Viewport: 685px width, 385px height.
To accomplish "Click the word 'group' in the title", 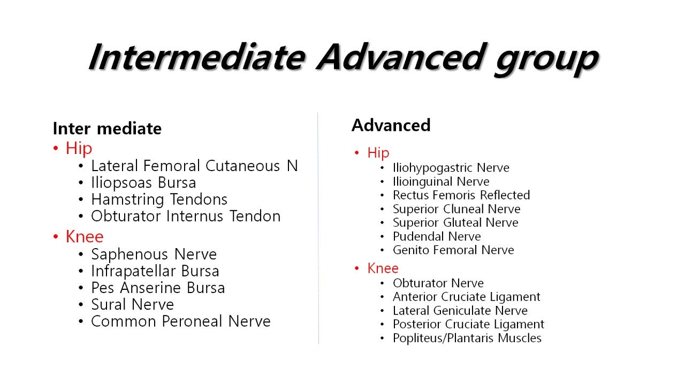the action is pos(546,59).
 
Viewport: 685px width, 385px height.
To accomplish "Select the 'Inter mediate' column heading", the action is pos(107,128).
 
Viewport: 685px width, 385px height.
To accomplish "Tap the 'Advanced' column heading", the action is pos(391,125).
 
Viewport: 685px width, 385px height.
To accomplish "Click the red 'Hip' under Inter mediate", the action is pos(79,149).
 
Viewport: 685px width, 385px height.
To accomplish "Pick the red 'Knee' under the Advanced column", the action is pos(383,268).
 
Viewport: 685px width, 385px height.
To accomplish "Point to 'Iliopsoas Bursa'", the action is pos(143,183).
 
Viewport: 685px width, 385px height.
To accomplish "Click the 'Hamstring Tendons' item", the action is pos(159,199).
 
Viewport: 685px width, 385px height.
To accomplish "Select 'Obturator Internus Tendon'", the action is pos(186,216).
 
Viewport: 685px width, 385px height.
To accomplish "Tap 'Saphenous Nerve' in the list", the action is pos(154,254).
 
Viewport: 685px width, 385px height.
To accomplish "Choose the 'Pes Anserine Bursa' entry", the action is pos(158,288).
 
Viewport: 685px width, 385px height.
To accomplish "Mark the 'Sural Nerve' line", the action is pos(132,305).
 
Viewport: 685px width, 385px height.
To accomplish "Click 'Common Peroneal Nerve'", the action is pos(181,321).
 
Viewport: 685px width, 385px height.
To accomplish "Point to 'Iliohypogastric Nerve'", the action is pos(451,168).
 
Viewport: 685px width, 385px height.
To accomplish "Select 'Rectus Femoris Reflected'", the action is pos(461,195).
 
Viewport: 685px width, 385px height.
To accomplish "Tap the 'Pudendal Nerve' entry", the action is pos(437,236).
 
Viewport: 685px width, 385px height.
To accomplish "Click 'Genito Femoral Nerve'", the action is pos(453,250).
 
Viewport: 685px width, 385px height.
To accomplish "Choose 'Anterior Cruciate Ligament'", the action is pos(466,297).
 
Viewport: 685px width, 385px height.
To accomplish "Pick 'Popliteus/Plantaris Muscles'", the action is pos(467,338).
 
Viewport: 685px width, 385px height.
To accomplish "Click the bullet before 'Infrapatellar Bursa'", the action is pos(81,271).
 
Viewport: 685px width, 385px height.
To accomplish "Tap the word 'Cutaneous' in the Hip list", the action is pos(242,166).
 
